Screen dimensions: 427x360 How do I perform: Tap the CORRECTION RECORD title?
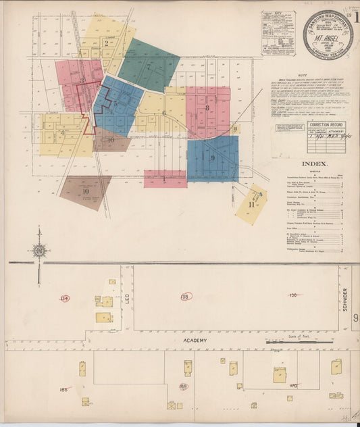coord(327,125)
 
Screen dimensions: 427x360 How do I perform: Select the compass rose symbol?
coord(39,251)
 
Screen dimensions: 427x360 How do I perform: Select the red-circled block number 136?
coord(186,296)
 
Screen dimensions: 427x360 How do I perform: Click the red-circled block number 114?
coord(65,297)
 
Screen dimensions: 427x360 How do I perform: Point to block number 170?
coord(292,386)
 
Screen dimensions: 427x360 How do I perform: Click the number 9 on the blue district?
coord(213,158)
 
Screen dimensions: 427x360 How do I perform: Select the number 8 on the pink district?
coord(208,108)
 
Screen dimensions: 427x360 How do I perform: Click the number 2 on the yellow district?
coord(107,43)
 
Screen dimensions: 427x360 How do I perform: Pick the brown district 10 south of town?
coord(86,191)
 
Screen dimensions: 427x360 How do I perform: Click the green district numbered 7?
coord(148,66)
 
